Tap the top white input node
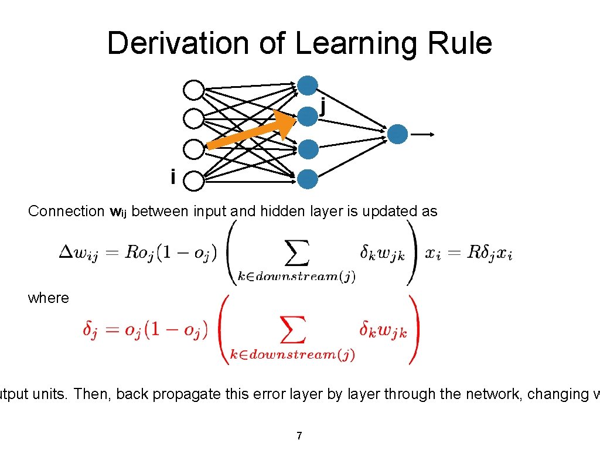(194, 90)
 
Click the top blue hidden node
(308, 86)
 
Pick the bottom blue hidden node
(308, 179)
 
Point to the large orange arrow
(252, 132)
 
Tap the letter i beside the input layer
(173, 176)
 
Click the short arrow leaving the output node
(422, 134)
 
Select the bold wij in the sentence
(118, 212)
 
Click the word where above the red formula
(48, 298)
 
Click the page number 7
(299, 435)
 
